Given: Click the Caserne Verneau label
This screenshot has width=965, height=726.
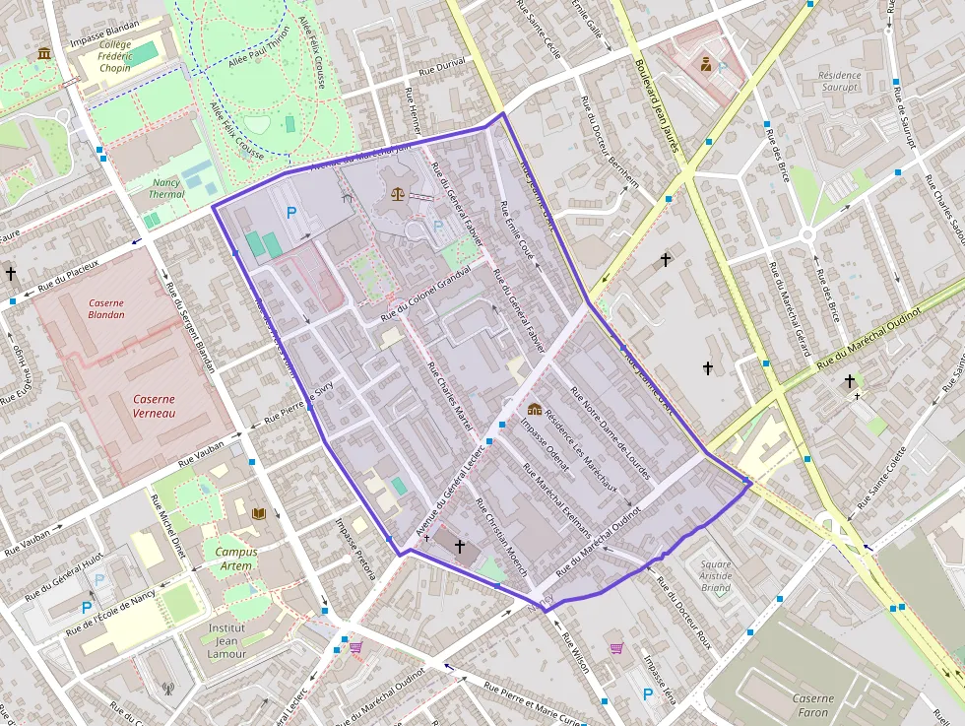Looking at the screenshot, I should coord(154,406).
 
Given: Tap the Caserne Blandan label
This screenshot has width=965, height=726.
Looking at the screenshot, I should coord(106,308).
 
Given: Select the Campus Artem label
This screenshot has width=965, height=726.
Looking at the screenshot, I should coord(235,559).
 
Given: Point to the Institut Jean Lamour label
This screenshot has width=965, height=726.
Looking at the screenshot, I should coord(226,640).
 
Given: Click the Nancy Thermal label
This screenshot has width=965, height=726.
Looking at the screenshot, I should coord(166,188).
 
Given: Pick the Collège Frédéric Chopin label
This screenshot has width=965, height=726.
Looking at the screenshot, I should coord(115,58).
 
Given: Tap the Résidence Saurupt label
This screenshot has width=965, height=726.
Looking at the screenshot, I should coord(840,81).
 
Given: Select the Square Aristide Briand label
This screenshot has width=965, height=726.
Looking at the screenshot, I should coord(716,574).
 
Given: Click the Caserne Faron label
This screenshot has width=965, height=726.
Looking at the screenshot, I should coord(813,704).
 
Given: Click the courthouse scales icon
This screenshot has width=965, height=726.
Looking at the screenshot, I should coord(397,194).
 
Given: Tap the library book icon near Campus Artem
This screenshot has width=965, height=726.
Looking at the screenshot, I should coord(259,514).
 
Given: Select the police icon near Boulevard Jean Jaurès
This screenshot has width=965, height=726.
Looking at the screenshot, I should coord(706,66).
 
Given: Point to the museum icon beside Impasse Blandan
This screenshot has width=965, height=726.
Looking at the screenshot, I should coord(44,53).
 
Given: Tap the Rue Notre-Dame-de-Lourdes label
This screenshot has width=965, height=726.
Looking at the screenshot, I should coord(611,433).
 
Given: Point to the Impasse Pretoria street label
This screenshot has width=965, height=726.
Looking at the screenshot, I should coord(354,549).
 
